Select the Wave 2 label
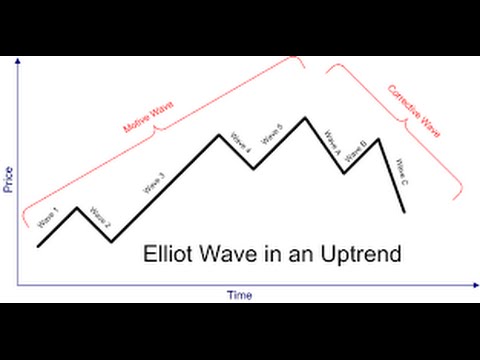pyautogui.click(x=99, y=216)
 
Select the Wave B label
pyautogui.click(x=358, y=148)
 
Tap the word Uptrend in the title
pyautogui.click(x=361, y=255)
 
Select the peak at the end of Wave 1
pyautogui.click(x=76, y=207)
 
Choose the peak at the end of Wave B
pyautogui.click(x=378, y=139)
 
